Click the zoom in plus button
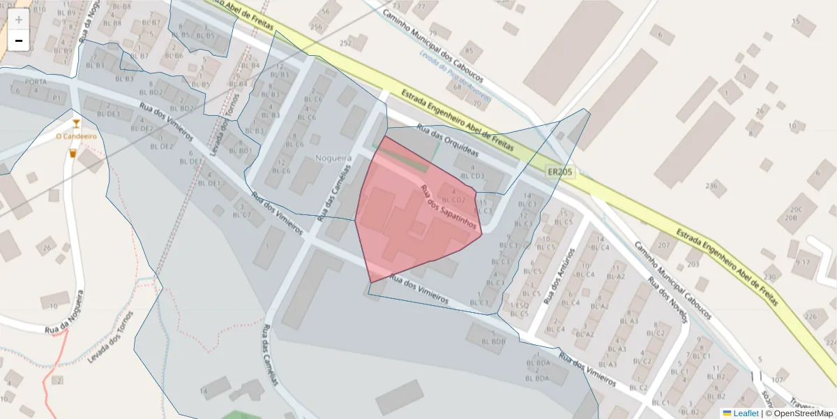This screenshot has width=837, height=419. point(19,20)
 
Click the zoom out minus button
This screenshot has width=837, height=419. point(19,41)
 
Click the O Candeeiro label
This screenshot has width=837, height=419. point(76,136)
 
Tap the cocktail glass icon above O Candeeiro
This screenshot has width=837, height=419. point(76,124)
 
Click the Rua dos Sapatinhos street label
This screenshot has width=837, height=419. point(448,208)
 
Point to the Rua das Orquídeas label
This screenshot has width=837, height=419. point(448,140)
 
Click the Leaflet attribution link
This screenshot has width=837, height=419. point(746,413)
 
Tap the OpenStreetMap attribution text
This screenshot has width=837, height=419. point(802,413)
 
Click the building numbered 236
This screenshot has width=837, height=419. point(711,186)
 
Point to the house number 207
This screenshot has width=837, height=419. point(663,246)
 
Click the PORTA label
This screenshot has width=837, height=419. point(35,82)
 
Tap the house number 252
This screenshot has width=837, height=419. point(345,43)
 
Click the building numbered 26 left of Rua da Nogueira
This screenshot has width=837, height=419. point(47,248)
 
